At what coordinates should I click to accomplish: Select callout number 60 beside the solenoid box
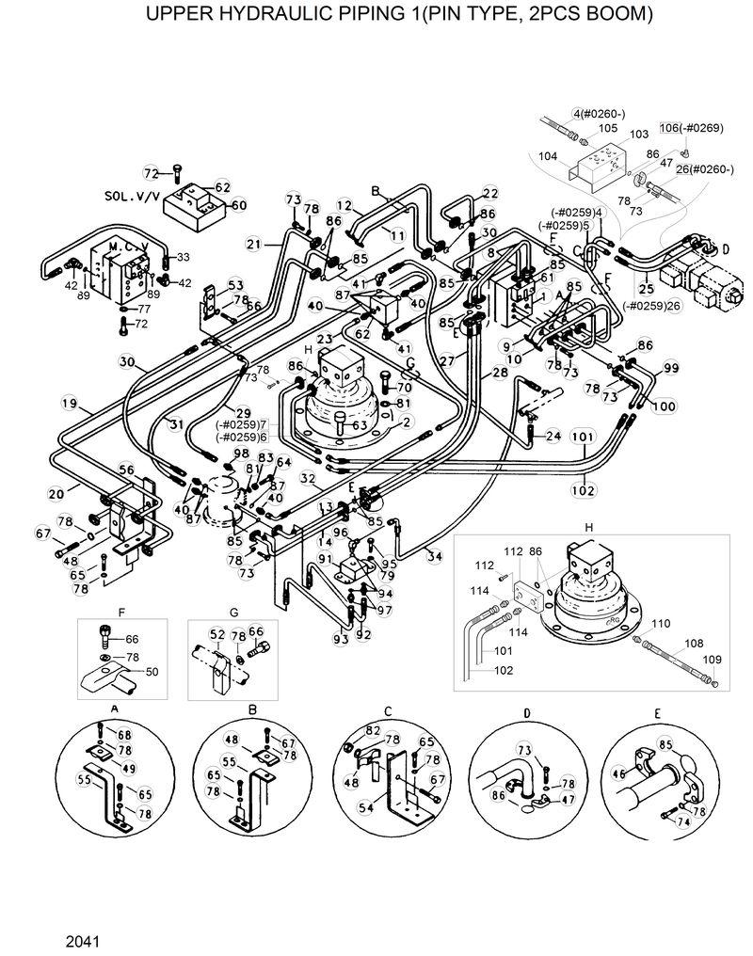pos(238,204)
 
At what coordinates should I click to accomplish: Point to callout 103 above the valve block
pos(638,135)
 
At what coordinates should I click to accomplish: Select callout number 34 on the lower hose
pos(434,558)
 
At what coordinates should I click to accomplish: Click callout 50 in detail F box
pos(151,671)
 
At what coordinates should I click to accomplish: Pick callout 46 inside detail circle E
pos(618,773)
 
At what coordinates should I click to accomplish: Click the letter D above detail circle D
pos(527,712)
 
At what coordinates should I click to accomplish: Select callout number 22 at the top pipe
pos(489,193)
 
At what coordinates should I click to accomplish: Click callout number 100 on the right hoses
pos(663,406)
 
